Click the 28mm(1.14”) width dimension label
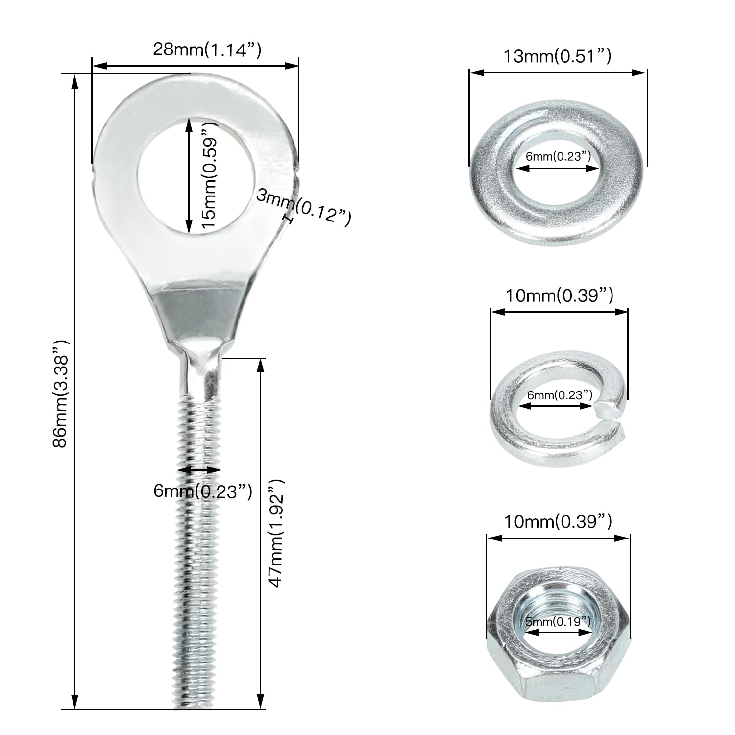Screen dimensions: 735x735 207,50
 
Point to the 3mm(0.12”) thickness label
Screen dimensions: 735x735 304,208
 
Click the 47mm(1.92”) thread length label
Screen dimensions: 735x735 276,533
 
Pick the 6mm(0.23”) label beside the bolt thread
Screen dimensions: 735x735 203,491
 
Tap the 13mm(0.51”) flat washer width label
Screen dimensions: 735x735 558,57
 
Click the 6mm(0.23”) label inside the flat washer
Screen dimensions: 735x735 558,157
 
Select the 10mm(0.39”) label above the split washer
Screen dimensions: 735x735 559,296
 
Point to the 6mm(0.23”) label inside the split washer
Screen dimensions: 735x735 560,395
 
